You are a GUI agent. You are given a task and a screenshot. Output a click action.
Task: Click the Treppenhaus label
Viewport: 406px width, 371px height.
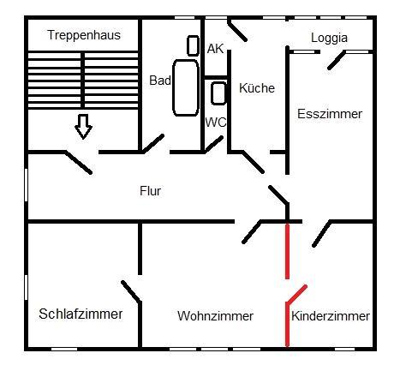(x=84, y=35)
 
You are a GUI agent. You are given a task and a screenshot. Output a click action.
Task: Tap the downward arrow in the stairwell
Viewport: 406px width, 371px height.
(x=83, y=127)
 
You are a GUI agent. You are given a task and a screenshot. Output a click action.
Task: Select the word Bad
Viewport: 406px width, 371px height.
(x=160, y=81)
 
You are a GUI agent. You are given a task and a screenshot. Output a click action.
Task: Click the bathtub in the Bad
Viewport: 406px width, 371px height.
(x=186, y=87)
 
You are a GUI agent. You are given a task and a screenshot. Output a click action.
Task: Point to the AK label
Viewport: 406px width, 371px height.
(x=215, y=49)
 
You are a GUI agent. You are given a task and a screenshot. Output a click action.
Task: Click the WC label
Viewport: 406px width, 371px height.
(x=216, y=123)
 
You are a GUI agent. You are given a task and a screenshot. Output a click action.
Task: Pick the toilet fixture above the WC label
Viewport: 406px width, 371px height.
(x=218, y=93)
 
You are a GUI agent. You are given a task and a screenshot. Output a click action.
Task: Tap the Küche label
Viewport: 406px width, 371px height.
(x=257, y=87)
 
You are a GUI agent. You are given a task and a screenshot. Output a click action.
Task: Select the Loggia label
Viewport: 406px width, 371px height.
(x=329, y=38)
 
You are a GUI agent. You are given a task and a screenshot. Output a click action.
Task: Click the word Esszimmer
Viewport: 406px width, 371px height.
(x=330, y=114)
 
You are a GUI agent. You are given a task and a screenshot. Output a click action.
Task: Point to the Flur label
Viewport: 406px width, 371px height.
(x=151, y=191)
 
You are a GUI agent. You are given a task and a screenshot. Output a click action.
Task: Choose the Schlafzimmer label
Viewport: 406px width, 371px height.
(x=81, y=314)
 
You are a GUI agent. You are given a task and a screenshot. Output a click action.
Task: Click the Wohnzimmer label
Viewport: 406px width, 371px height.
(x=215, y=316)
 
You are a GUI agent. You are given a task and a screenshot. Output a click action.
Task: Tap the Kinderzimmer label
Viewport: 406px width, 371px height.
(x=331, y=316)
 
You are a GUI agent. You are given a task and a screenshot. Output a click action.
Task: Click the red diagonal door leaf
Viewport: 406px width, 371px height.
(x=297, y=294)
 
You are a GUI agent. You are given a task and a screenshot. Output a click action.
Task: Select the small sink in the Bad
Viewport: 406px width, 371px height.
(x=193, y=45)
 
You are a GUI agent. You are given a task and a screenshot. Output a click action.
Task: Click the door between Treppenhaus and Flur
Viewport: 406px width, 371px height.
(x=79, y=162)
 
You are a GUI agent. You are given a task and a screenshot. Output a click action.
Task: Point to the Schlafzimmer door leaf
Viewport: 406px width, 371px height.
(x=131, y=291)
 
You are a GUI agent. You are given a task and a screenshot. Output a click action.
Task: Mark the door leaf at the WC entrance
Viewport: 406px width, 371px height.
(x=213, y=145)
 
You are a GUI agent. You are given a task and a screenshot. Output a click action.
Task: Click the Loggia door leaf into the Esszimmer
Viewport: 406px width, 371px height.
(x=337, y=60)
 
